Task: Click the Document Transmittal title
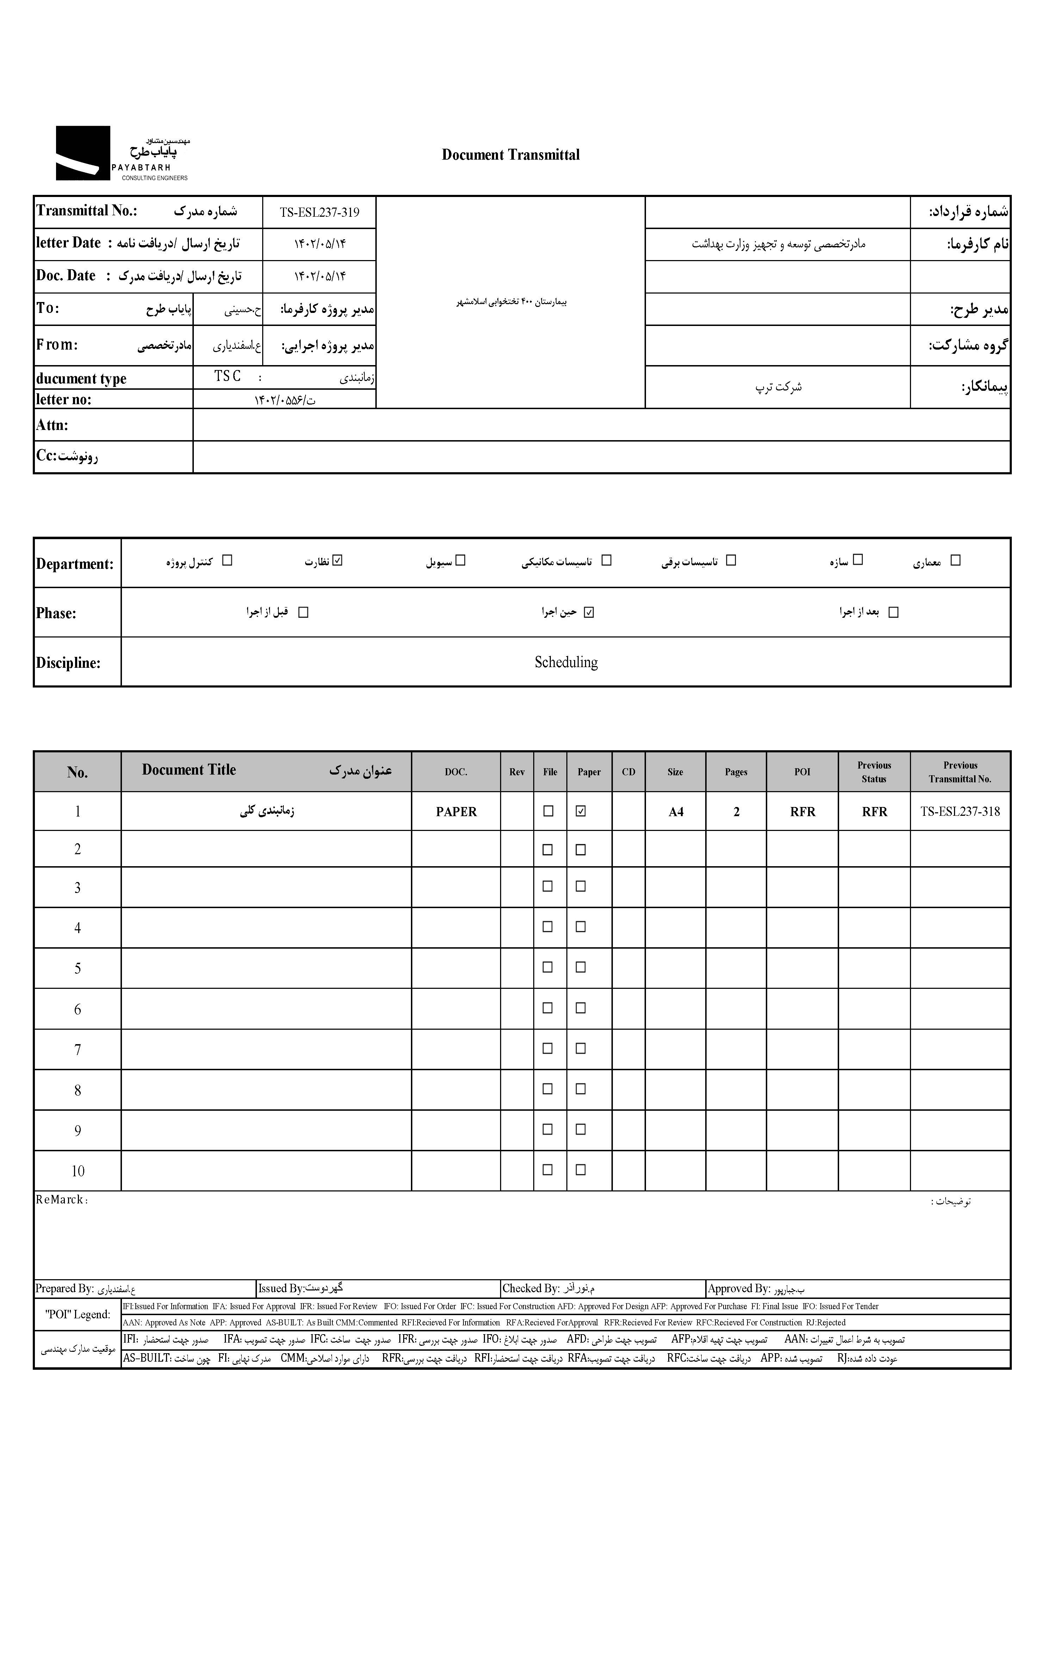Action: click(510, 155)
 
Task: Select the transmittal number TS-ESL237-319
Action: click(319, 212)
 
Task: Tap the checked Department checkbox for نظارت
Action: click(337, 561)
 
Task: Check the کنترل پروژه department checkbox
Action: click(228, 561)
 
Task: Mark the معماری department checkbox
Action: click(955, 561)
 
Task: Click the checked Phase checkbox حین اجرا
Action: click(589, 612)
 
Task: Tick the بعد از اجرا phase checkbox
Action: click(893, 612)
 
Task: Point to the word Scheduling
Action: click(566, 663)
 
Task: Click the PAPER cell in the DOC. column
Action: click(456, 812)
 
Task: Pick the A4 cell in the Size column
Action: click(676, 812)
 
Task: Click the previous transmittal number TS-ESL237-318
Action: click(960, 812)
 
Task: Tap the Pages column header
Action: click(736, 772)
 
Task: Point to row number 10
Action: click(78, 1171)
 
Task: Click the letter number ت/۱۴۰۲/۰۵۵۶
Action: click(285, 400)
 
